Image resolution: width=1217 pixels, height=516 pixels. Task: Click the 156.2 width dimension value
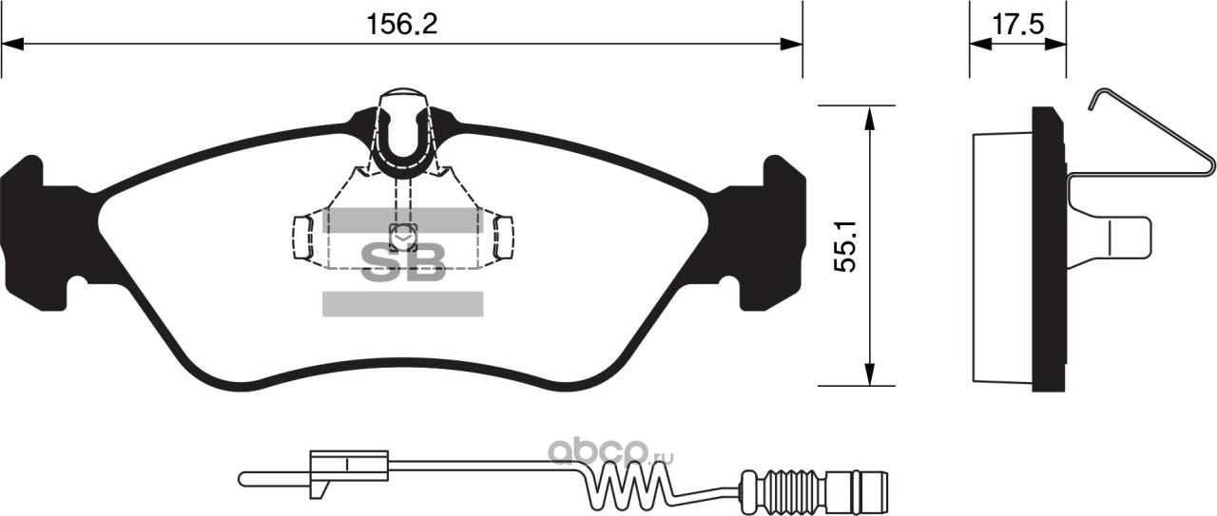click(402, 25)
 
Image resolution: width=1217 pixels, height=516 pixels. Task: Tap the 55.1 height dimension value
click(845, 246)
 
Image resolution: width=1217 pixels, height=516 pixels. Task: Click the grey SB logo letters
click(403, 263)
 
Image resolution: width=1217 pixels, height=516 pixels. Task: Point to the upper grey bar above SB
click(402, 220)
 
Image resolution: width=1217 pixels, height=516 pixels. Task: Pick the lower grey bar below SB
click(402, 304)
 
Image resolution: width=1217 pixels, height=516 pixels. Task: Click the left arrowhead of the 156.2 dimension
click(13, 45)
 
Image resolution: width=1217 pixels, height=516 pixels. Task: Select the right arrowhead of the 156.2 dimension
click(791, 45)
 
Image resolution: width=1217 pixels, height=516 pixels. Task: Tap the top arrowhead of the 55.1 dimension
click(870, 118)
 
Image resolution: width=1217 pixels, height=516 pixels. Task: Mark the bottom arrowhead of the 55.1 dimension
click(870, 374)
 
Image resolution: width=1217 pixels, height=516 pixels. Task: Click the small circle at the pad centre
click(402, 238)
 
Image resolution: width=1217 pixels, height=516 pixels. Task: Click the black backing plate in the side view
click(1049, 249)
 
